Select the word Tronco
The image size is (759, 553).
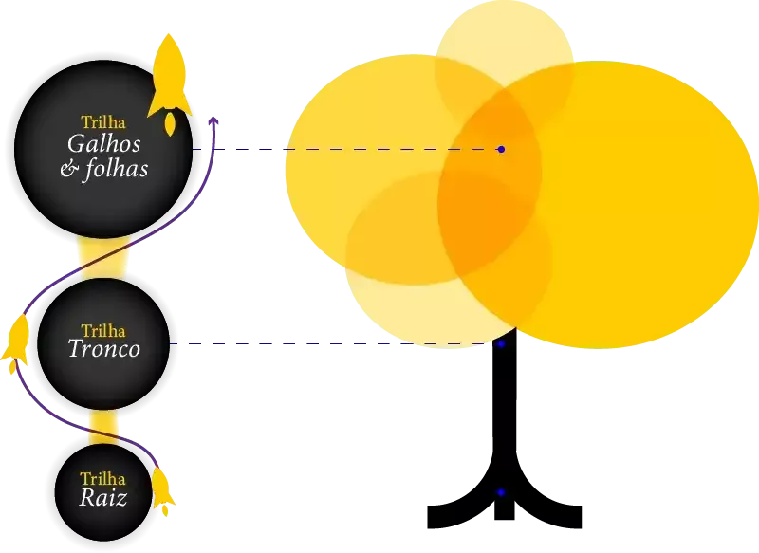[x=104, y=349]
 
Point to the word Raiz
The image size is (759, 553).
[x=102, y=498]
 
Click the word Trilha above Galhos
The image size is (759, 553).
[x=103, y=122]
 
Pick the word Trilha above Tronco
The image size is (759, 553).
[x=103, y=330]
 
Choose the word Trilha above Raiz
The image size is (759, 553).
[x=102, y=479]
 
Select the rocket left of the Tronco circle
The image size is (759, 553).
[x=16, y=341]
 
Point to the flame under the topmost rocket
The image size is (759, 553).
[x=170, y=124]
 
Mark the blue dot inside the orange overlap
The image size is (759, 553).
[x=501, y=150]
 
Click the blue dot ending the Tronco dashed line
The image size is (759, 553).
[x=500, y=344]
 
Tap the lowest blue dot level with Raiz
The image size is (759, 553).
[x=500, y=492]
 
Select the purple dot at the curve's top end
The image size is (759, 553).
[x=213, y=121]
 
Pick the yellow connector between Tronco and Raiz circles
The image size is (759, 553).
[x=102, y=427]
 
